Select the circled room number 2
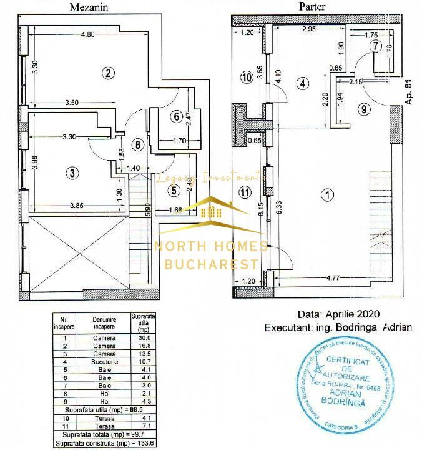point(108,73)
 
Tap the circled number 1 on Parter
point(327,195)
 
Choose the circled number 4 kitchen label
point(303,82)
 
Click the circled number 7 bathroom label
point(375,46)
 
